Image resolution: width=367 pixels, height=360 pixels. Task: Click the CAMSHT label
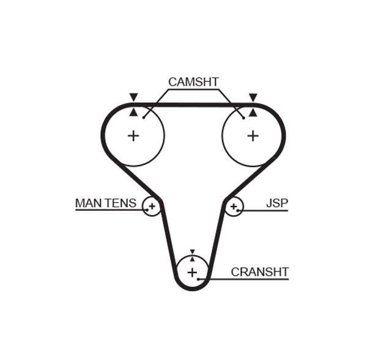pyautogui.click(x=193, y=82)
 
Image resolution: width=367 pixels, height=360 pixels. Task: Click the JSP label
pyautogui.click(x=276, y=203)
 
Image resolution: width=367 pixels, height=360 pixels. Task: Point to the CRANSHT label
pyautogui.click(x=259, y=272)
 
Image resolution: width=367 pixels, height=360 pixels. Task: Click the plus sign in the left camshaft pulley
pyautogui.click(x=133, y=136)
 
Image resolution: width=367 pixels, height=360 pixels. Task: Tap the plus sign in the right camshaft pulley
pyautogui.click(x=253, y=136)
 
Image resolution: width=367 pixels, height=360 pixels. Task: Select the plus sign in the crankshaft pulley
pyautogui.click(x=192, y=272)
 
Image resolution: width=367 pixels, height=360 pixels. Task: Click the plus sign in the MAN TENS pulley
pyautogui.click(x=152, y=207)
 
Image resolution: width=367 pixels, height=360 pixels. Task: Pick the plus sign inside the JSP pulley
pyautogui.click(x=233, y=207)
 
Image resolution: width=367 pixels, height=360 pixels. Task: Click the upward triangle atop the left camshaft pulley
pyautogui.click(x=133, y=112)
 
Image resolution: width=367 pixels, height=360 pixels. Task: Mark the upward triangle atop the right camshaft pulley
pyautogui.click(x=253, y=112)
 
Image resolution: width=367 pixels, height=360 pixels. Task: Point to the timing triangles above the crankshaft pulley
pyautogui.click(x=192, y=255)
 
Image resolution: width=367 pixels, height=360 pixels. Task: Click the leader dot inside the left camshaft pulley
pyautogui.click(x=144, y=117)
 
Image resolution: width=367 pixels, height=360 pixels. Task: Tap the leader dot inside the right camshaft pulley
pyautogui.click(x=243, y=117)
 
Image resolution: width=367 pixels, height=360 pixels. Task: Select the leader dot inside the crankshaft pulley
pyautogui.click(x=199, y=279)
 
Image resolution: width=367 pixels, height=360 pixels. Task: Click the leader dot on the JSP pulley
pyautogui.click(x=238, y=211)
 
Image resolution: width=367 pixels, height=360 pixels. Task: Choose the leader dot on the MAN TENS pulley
pyautogui.click(x=147, y=210)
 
